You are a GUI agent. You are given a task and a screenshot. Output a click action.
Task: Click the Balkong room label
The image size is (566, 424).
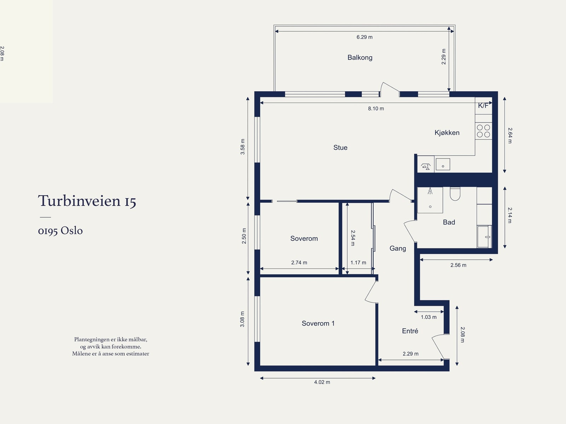[x=360, y=58]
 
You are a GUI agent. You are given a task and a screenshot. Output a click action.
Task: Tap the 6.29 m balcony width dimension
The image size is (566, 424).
[x=364, y=37]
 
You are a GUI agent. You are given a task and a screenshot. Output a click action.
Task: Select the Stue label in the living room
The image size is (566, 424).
[x=340, y=148]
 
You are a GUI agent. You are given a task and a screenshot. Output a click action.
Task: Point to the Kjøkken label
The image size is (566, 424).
[x=447, y=133]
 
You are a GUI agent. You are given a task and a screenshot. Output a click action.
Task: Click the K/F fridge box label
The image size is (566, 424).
[x=483, y=105]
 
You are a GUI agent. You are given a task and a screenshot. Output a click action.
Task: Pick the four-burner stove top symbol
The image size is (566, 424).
[x=483, y=131]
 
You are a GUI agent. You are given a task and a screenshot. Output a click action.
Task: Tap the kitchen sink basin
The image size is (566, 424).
[x=443, y=164]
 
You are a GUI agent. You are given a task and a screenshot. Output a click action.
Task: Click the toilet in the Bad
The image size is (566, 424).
[x=455, y=194]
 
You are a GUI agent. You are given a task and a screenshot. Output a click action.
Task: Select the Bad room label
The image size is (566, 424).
[x=449, y=222]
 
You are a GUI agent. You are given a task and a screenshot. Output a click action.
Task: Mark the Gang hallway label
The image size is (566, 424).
[x=398, y=248]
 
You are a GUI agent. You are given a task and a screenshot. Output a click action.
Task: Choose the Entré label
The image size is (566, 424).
[x=410, y=331]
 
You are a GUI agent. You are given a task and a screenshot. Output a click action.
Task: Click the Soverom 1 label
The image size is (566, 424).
[x=318, y=323]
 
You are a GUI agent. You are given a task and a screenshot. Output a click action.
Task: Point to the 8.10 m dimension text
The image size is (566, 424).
[x=376, y=109]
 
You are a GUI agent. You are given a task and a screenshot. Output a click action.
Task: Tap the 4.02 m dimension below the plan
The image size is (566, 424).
[x=322, y=382]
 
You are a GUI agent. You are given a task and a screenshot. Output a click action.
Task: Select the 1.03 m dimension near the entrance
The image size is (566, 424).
[x=428, y=317]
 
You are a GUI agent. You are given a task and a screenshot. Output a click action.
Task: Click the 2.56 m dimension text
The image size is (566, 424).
[x=458, y=265]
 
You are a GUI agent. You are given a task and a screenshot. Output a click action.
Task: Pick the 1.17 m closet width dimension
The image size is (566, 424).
[x=358, y=263]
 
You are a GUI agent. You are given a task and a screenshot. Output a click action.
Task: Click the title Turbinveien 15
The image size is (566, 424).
[x=87, y=201]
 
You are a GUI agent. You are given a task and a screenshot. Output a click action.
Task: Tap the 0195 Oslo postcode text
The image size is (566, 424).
[x=60, y=230]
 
